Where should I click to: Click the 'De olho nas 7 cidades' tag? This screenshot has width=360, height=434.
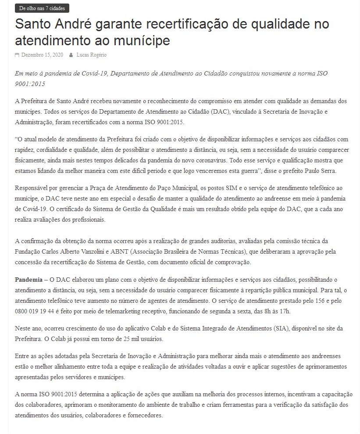click(x=42, y=8)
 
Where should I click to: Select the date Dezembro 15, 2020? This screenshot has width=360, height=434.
click(x=42, y=55)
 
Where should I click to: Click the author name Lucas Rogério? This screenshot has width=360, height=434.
click(x=91, y=55)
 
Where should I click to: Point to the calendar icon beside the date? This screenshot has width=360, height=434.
click(x=17, y=55)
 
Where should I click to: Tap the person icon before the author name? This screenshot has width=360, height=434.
click(x=71, y=55)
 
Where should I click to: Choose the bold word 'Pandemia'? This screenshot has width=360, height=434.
click(x=29, y=279)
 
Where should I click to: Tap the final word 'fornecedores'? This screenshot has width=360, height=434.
click(x=141, y=416)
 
